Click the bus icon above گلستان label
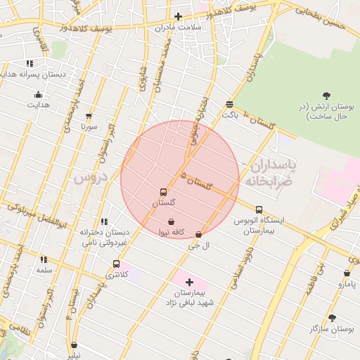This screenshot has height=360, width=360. (x=164, y=192)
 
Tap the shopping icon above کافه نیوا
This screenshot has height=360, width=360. (x=172, y=221)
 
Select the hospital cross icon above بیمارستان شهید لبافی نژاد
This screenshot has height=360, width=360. (x=189, y=282)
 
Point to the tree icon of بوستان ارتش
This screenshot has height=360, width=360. (x=326, y=96)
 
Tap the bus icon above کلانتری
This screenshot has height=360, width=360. (x=117, y=264)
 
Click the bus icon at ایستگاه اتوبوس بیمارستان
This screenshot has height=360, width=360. (x=259, y=210)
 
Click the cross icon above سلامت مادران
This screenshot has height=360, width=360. (x=178, y=16)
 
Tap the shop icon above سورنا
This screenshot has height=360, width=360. (x=89, y=117)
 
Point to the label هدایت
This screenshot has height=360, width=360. (x=38, y=105)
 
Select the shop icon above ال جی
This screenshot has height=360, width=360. (x=198, y=235)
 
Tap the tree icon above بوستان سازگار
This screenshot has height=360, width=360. (x=332, y=318)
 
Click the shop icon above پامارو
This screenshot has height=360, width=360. (x=347, y=274)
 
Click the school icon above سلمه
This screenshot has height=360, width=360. (x=44, y=259)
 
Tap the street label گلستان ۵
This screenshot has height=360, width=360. (x=196, y=181)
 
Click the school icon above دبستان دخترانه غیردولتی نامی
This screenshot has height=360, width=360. (x=104, y=221)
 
